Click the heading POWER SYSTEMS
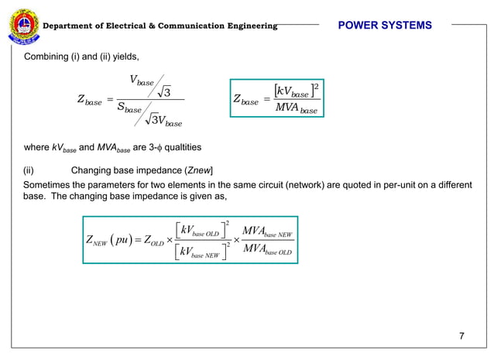coord(385,26)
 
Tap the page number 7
coord(461,335)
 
